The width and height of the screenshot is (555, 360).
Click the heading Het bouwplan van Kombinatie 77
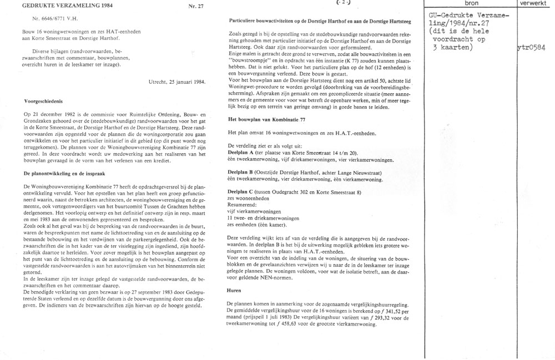pos(267,120)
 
